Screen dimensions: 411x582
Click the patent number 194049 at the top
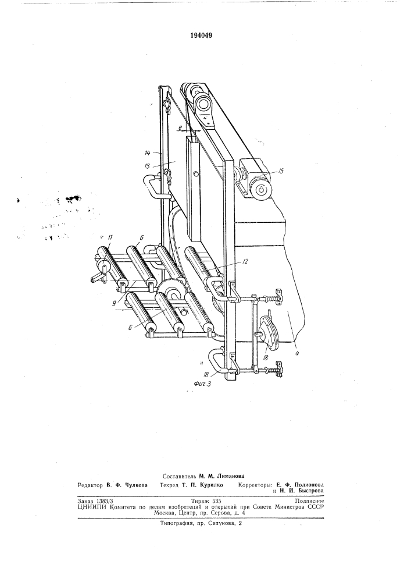[x=201, y=36]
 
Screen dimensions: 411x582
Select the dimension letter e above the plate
[x=180, y=128]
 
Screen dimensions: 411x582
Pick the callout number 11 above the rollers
[x=110, y=237]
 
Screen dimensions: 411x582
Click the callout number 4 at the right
[x=298, y=353]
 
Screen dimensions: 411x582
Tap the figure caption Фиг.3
[x=203, y=384]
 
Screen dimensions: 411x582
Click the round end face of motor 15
[x=262, y=190]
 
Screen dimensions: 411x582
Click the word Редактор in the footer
[x=90, y=485]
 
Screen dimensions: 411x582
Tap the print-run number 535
[x=216, y=501]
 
